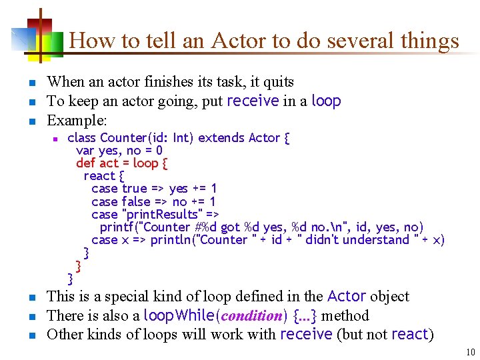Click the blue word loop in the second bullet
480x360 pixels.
click(326, 101)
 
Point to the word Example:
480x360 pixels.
click(77, 121)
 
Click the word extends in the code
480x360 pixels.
click(221, 138)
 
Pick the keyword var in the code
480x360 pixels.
click(85, 151)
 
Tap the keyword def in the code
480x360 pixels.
click(85, 163)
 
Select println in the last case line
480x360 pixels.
click(170, 239)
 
